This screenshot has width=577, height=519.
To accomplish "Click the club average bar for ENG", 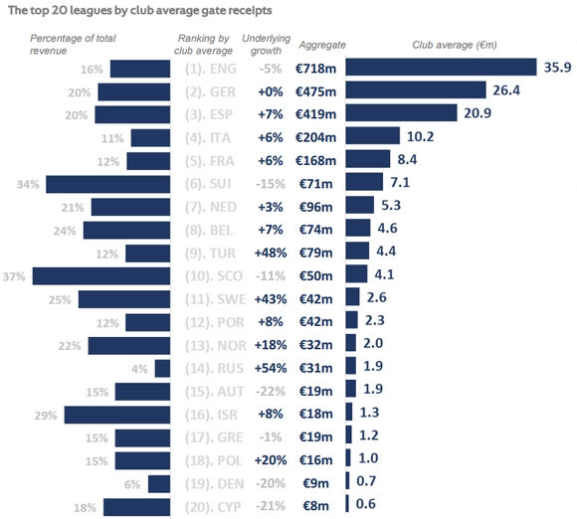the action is coord(441,67).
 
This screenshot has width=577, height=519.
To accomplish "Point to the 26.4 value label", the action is coord(506,90).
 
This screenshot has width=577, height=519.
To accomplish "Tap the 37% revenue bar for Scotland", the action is coord(101,276).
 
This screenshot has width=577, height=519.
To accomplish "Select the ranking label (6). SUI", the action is coord(208,184).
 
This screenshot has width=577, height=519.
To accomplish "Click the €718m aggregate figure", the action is coord(315,69).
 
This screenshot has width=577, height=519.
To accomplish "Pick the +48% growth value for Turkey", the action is coord(271,253).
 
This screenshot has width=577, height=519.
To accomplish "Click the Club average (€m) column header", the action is coord(455,45).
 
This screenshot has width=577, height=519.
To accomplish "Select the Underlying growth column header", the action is coord(266,44).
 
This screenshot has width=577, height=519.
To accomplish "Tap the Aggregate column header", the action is coord(322,45).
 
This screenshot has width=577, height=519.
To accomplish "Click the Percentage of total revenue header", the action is coord(73,44).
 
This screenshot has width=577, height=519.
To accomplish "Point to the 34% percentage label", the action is coord(28,184).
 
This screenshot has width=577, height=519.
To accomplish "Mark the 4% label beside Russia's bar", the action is coord(139,369).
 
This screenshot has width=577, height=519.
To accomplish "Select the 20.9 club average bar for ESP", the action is coord(401,113).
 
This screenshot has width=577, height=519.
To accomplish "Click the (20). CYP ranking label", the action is coord(213,507).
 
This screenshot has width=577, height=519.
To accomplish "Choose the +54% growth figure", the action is coord(271,368).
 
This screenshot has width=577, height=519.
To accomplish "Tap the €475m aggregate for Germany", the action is coord(315,91).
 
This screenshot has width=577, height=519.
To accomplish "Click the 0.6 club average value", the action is coord(366,504).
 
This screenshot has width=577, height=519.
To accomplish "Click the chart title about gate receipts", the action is coord(140,10).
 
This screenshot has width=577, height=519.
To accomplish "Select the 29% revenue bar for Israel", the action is coord(117,415).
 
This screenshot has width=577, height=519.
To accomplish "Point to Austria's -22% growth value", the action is coord(271,391).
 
